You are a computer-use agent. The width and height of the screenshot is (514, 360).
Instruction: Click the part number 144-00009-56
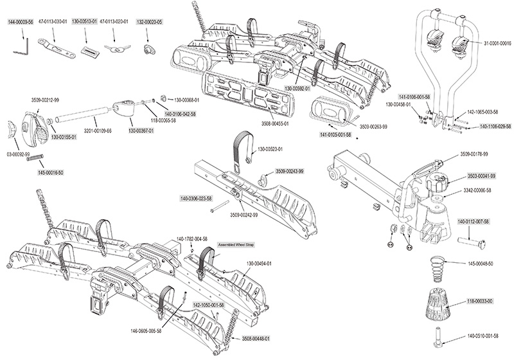(21, 21)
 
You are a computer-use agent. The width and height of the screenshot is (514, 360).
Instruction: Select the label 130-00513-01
(85, 21)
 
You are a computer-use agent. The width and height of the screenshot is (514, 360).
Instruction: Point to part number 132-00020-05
(150, 21)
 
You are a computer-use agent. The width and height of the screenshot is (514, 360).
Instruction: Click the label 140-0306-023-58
(193, 199)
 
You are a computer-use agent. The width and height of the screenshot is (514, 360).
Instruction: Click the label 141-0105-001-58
(335, 135)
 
